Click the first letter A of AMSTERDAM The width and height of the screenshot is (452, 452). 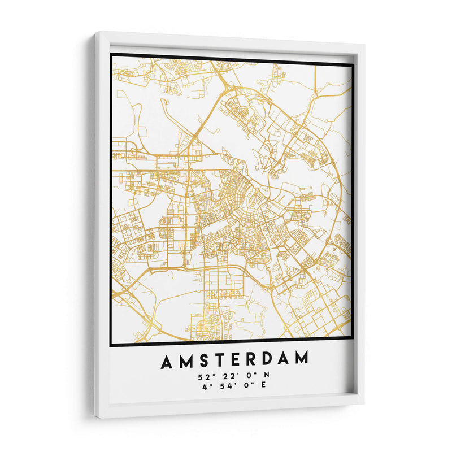166,359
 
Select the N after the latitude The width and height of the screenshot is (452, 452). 267,376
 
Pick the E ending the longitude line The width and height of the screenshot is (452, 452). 263,385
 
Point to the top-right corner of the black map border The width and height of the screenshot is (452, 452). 353,64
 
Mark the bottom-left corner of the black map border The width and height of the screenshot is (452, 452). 111,345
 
